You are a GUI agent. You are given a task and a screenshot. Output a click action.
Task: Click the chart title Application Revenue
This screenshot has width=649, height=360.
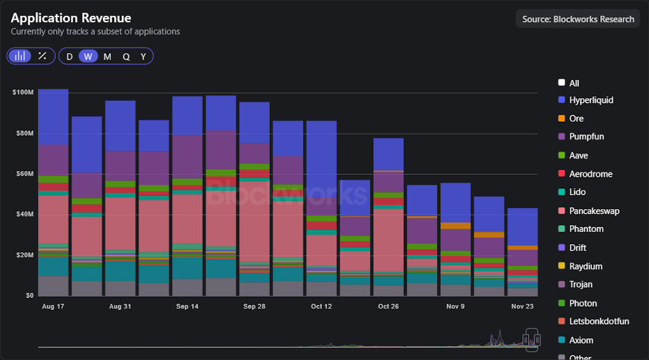[x=71, y=18]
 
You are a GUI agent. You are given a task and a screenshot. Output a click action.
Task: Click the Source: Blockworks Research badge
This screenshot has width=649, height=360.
[x=577, y=19]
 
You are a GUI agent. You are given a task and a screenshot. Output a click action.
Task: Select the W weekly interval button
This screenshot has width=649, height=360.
[x=88, y=56]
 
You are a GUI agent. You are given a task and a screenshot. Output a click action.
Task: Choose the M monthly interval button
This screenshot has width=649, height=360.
[x=107, y=56]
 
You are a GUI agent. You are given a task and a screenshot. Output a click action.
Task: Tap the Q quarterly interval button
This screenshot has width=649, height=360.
[x=126, y=56]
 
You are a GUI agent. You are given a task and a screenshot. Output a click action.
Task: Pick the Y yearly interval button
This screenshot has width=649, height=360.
[x=143, y=56]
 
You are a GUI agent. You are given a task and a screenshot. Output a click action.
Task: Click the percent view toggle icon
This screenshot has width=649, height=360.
[x=42, y=56]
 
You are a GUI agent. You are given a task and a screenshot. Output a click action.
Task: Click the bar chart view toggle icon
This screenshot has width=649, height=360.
[x=20, y=56]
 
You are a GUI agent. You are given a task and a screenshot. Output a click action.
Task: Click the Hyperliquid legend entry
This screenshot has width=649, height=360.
[x=591, y=100]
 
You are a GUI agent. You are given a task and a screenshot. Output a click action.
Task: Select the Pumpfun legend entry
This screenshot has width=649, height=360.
[x=586, y=137]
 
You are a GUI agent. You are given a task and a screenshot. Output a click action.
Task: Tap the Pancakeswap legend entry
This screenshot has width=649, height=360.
[x=594, y=211]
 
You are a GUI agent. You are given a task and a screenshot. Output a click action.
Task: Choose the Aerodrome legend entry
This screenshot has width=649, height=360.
[x=591, y=174]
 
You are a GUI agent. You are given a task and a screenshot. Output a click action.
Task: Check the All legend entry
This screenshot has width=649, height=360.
[x=574, y=83]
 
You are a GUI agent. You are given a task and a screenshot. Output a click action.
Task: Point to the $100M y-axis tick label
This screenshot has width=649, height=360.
[x=23, y=93]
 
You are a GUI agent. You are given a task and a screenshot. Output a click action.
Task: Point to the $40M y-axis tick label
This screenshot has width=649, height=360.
[x=24, y=214]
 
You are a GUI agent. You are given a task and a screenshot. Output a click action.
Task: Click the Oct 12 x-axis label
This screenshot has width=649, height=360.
[x=321, y=306]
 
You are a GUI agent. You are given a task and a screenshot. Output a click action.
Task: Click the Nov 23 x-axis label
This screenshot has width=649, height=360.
[x=522, y=306]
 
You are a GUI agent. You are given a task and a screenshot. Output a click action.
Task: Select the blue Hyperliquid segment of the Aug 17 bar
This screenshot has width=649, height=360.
[x=53, y=117]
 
